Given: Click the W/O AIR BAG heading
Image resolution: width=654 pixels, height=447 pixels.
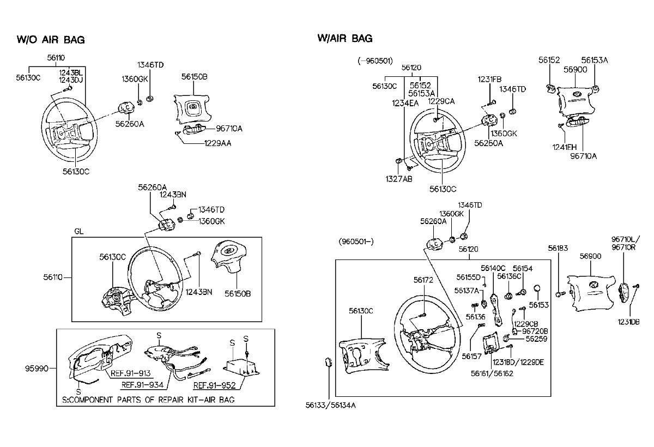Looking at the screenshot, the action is click(x=51, y=40).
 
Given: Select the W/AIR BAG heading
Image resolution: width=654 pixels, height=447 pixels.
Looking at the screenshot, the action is click(x=345, y=38).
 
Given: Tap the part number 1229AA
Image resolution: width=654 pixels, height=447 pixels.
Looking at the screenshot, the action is click(x=217, y=143).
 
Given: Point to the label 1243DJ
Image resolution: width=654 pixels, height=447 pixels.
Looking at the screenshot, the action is click(x=71, y=80).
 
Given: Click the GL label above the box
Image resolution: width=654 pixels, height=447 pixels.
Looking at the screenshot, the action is click(x=79, y=232).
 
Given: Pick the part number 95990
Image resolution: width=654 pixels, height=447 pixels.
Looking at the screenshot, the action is click(x=37, y=369).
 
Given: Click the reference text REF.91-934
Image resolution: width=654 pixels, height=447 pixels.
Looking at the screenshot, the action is click(x=142, y=385).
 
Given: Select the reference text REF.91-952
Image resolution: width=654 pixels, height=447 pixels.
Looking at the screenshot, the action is click(x=214, y=385).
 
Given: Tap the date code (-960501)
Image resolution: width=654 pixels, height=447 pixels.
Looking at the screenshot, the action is click(x=375, y=61).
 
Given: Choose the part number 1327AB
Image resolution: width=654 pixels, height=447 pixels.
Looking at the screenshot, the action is click(x=399, y=179).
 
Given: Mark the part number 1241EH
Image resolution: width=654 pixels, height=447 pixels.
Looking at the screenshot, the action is click(x=565, y=147).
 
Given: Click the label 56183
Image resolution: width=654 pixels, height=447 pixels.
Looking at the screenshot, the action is click(x=558, y=248).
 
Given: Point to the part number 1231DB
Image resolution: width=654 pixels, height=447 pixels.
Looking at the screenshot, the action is click(x=628, y=322).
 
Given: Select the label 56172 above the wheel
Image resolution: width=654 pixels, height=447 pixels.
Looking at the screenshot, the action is click(x=423, y=280).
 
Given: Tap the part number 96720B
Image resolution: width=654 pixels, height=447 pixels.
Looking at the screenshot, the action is click(x=535, y=331).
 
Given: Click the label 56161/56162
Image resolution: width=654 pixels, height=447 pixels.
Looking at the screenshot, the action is click(x=492, y=373).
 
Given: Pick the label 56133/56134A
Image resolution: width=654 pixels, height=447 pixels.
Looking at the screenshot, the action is click(x=330, y=405).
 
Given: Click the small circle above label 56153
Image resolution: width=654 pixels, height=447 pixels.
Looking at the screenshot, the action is click(x=537, y=288).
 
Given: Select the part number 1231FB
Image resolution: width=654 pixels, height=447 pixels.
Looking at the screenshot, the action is click(x=489, y=80).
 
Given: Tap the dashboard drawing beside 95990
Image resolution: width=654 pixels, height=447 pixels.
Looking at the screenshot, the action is click(x=99, y=358).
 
